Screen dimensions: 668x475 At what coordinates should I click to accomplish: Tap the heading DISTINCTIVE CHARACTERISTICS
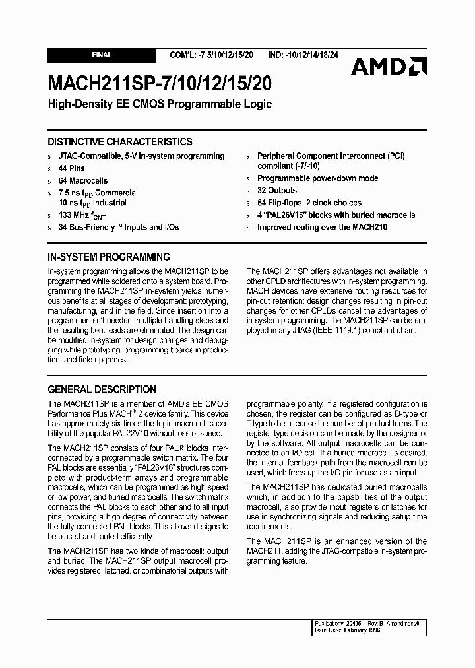coord(120,141)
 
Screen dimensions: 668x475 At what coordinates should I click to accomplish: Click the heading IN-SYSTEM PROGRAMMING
coord(109,257)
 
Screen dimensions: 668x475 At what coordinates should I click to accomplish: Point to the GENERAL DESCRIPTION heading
coord(102,389)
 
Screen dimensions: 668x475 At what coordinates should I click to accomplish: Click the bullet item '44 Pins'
coord(71,168)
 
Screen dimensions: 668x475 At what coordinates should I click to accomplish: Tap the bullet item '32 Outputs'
coord(276,191)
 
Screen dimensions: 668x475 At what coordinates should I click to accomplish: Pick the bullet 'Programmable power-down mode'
coord(317,178)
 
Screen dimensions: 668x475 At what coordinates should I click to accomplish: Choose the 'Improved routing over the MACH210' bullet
coord(322,227)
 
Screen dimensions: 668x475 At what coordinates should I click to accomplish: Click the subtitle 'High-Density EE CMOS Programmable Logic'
coord(159,104)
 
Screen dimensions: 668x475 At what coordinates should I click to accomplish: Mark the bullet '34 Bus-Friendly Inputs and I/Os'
coord(118,227)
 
